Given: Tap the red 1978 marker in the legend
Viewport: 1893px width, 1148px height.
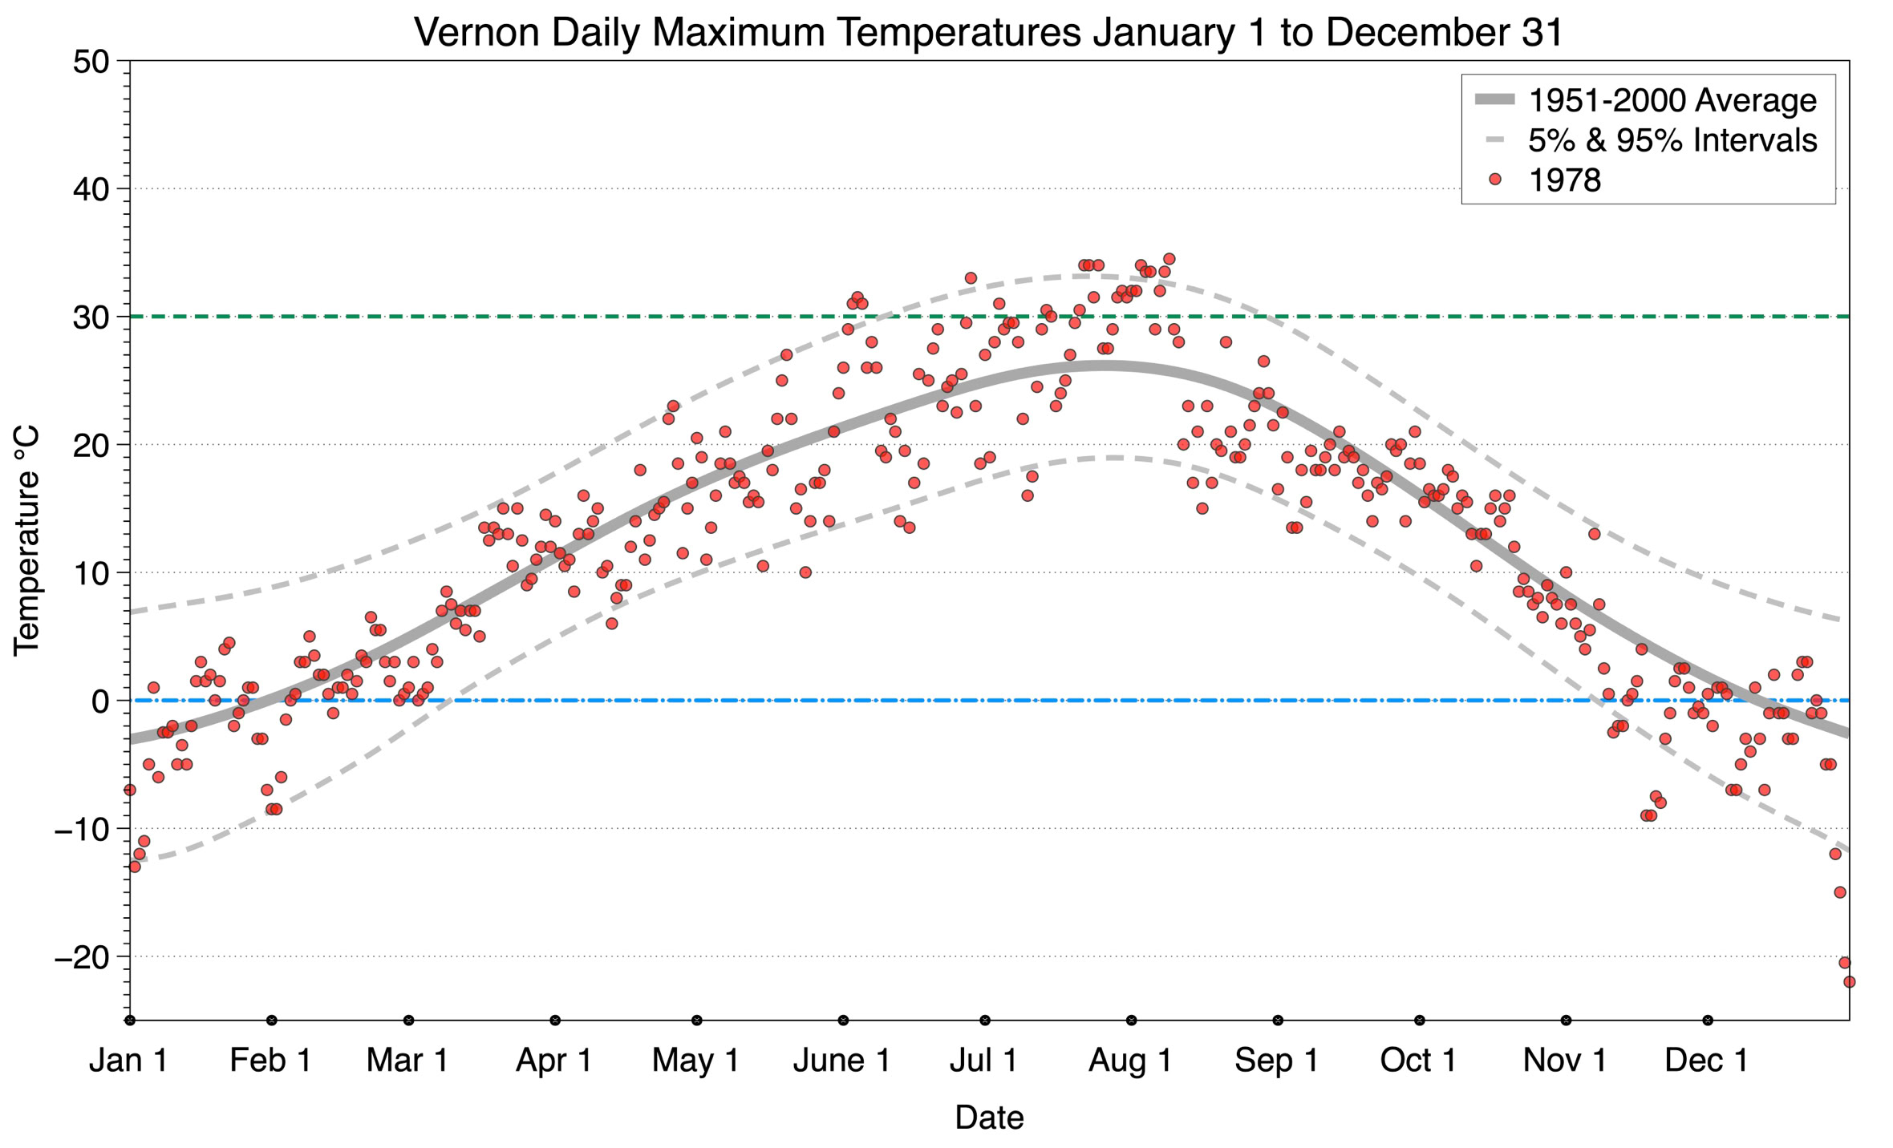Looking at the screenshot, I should tap(1494, 180).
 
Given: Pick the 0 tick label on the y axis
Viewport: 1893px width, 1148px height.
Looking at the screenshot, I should tap(100, 701).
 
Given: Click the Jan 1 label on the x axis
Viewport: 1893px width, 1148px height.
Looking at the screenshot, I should tap(129, 1061).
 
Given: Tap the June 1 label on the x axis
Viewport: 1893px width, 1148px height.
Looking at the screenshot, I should tap(841, 1061).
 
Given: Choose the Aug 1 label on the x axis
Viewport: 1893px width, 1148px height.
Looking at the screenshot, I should tap(1130, 1061).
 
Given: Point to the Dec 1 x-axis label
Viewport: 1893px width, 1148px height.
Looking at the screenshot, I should tap(1707, 1061).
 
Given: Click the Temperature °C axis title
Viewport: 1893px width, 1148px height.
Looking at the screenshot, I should tap(26, 540).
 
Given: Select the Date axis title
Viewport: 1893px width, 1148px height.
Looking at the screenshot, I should tap(989, 1118).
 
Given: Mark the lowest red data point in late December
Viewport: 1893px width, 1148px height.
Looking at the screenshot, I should tap(1849, 982).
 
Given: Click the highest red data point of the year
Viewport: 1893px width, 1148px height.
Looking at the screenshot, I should tap(1169, 259).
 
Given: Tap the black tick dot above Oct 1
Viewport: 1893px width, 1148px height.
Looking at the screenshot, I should tap(1420, 1021).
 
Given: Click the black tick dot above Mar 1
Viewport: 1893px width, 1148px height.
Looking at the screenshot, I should tap(409, 1021).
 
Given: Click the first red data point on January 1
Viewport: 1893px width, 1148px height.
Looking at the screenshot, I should tap(130, 790).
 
